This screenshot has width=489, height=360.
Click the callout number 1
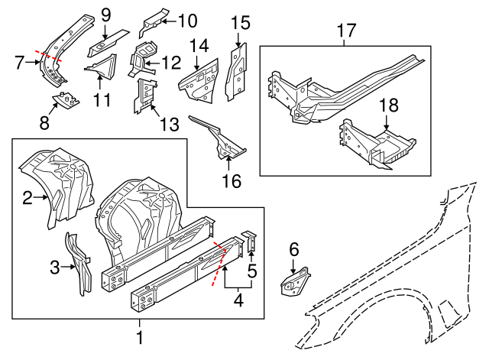(x=139, y=336)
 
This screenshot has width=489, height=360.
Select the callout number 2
(x=28, y=199)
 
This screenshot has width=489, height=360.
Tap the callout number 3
(x=54, y=267)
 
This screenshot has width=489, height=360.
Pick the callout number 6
(x=293, y=248)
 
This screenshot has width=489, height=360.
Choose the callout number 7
(x=20, y=61)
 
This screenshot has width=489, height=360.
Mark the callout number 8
(x=45, y=122)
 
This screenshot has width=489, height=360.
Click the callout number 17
(x=346, y=31)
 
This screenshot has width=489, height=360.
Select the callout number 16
(x=231, y=181)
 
